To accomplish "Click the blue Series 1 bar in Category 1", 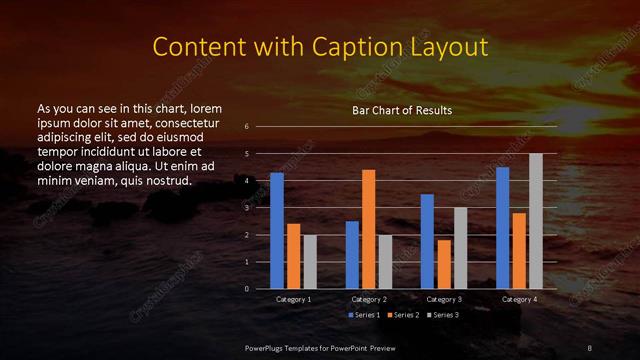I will coord(277,231).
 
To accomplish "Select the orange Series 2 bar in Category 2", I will coord(368,229).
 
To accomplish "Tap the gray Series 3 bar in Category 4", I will coord(536,221).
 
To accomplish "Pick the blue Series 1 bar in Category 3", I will coord(427,241).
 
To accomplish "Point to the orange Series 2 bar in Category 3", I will coord(443,264).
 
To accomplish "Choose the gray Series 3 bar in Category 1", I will coord(310,262).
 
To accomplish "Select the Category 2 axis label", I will coord(369,299).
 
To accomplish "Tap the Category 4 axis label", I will coord(519,299).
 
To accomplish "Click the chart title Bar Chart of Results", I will coord(402,110).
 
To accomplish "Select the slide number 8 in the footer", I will coord(590,347).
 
